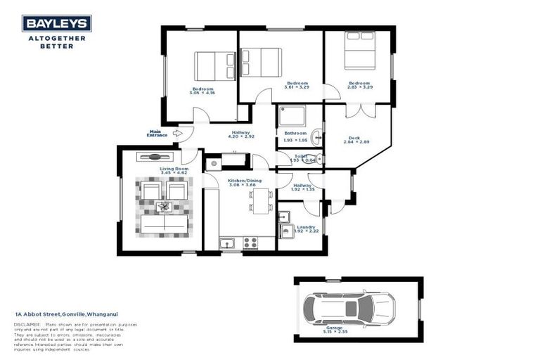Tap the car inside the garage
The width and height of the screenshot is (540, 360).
pyautogui.click(x=347, y=309)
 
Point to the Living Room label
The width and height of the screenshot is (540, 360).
pyautogui.click(x=174, y=169)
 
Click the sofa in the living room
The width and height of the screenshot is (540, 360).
pyautogui.click(x=165, y=223)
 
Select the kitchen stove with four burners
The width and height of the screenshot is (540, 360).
pyautogui.click(x=250, y=243)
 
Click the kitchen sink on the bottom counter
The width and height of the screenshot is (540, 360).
pyautogui.click(x=227, y=244)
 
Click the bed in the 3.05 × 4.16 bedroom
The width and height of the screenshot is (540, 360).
pyautogui.click(x=205, y=67)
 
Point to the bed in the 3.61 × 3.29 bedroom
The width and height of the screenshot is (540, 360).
pyautogui.click(x=262, y=63)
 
